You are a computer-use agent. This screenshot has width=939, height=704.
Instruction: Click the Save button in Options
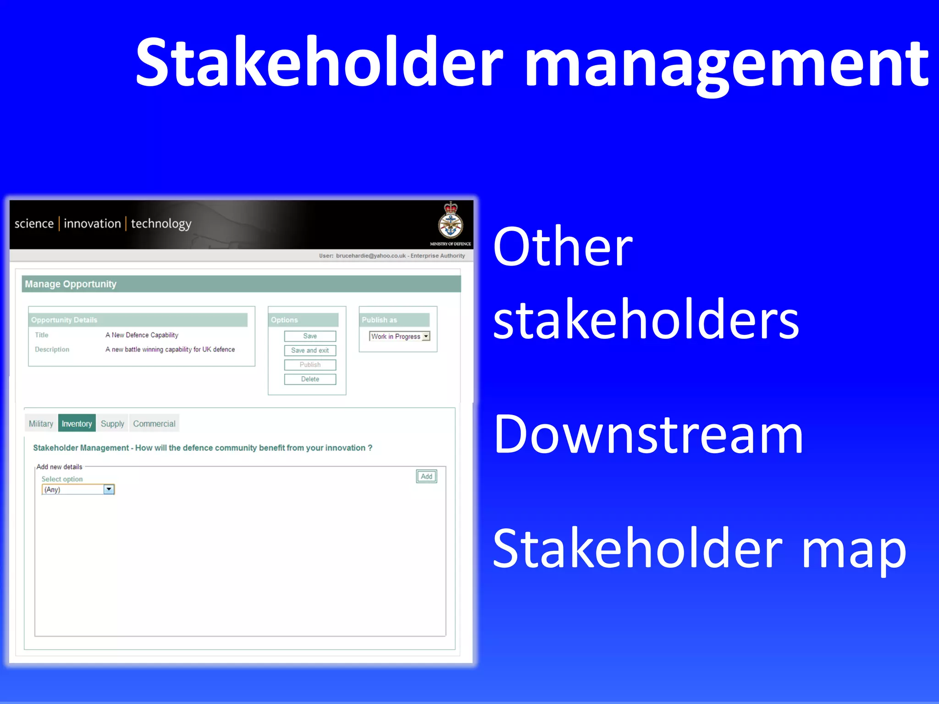(310, 336)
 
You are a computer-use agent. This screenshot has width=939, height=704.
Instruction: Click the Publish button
(310, 365)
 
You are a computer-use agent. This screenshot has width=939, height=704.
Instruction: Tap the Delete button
(310, 379)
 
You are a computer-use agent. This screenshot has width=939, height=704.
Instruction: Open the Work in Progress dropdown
(426, 336)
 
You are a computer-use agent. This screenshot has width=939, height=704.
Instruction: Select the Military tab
(41, 423)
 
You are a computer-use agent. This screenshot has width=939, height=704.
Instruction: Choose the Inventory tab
(77, 423)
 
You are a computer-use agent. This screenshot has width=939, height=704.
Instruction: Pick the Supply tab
(112, 423)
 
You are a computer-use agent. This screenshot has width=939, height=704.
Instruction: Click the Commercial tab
(154, 423)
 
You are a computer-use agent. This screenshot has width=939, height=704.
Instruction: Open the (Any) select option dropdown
(109, 489)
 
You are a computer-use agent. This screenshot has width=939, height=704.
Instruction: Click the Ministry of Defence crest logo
(450, 222)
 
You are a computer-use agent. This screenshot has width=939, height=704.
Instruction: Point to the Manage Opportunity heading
(71, 284)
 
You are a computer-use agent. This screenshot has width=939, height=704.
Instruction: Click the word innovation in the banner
(92, 223)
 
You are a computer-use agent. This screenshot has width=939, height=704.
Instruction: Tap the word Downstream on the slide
(648, 434)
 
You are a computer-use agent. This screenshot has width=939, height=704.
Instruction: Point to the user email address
(370, 255)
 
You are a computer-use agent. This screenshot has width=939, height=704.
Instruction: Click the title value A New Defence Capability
(142, 335)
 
